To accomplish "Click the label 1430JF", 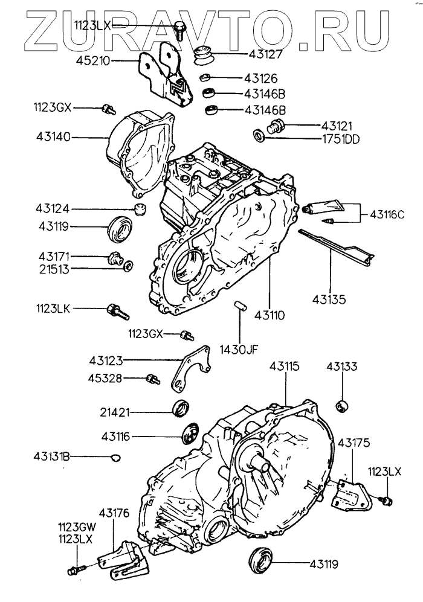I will (x=239, y=348).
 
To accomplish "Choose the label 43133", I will (x=343, y=366).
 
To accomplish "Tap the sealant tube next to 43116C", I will (x=326, y=208).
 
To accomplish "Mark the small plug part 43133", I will (x=342, y=405).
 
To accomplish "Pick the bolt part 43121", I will (x=274, y=127).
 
